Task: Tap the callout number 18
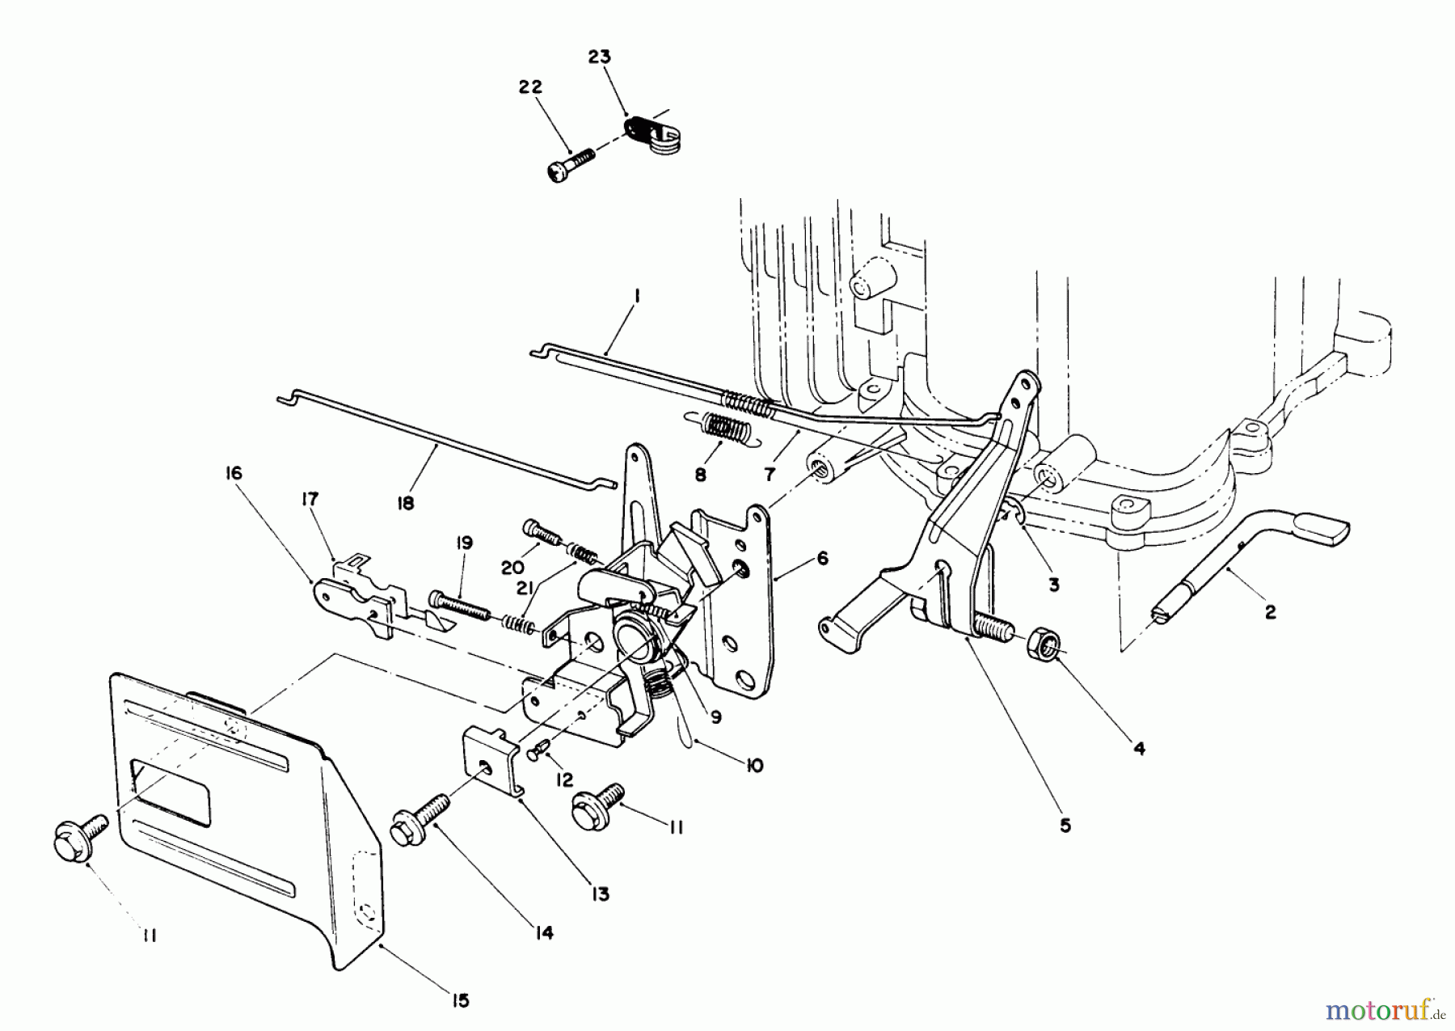(406, 503)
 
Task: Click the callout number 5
(1065, 826)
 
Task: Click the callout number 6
(822, 559)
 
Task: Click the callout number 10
(753, 765)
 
